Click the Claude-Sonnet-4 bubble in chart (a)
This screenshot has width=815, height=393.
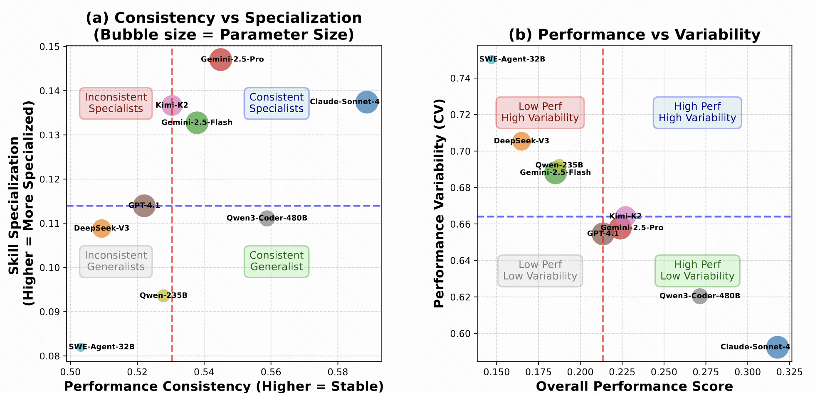[x=367, y=102]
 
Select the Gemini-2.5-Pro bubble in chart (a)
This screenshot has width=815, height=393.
[x=221, y=59]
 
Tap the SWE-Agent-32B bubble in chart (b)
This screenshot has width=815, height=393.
[x=491, y=59]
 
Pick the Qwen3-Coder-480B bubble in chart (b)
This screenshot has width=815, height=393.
[x=700, y=296]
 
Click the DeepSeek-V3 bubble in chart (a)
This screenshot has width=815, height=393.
[x=101, y=228]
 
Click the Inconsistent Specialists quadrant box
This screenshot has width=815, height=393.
[x=116, y=103]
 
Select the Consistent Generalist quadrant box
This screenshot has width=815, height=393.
[x=277, y=261]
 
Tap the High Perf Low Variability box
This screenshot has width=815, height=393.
[x=697, y=270]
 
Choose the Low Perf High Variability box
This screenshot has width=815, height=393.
[x=540, y=113]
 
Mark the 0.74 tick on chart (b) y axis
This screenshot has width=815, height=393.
[x=461, y=78]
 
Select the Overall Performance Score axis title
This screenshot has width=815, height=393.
[x=634, y=386]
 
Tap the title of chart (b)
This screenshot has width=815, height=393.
[x=634, y=35]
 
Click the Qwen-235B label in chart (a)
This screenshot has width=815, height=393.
[x=163, y=296]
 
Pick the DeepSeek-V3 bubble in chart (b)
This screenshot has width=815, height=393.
[x=521, y=141]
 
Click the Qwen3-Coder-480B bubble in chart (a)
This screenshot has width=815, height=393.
[x=267, y=218]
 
